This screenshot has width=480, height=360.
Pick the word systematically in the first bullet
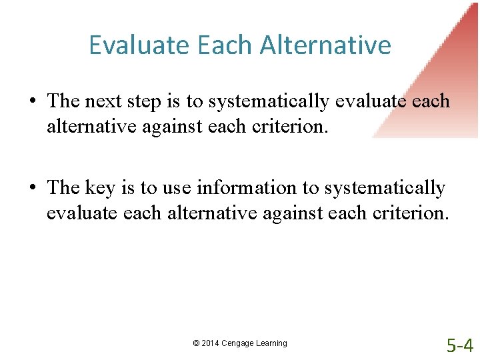tap(269, 102)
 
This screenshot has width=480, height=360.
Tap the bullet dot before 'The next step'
tap(33, 102)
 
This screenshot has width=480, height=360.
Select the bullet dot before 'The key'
tap(33, 189)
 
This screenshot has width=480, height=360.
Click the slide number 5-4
tap(460, 345)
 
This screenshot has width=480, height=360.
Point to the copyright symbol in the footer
tap(196, 343)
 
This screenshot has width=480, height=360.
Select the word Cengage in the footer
tap(238, 343)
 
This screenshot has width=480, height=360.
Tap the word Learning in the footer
tap(271, 343)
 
